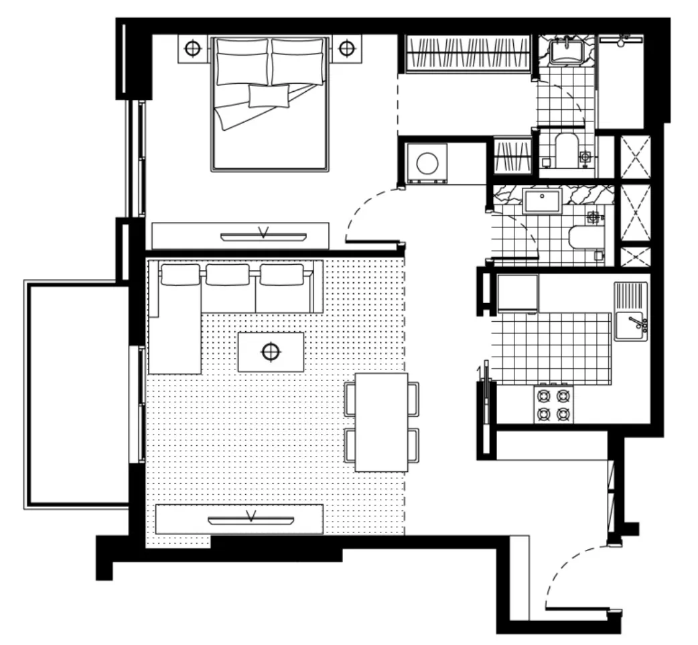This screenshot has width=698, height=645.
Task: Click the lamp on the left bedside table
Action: pyautogui.click(x=193, y=48)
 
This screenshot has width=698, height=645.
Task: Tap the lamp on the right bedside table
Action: pyautogui.click(x=346, y=48)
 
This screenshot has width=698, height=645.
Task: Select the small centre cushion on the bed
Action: pyautogui.click(x=269, y=96)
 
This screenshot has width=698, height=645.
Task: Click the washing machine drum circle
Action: pyautogui.click(x=428, y=164)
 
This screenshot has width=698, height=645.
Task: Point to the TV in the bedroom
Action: pyautogui.click(x=263, y=235)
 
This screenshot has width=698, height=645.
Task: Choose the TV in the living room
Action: pyautogui.click(x=252, y=519)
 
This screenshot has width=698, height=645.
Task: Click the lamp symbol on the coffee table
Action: pyautogui.click(x=271, y=351)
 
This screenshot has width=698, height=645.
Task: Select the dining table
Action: pyautogui.click(x=381, y=422)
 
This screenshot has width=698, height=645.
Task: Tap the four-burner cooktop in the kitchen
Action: pyautogui.click(x=553, y=404)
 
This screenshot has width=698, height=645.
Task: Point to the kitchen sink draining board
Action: pyautogui.click(x=630, y=296)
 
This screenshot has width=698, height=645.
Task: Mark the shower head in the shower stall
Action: pyautogui.click(x=621, y=42)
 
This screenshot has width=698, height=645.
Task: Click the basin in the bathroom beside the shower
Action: pyautogui.click(x=567, y=51)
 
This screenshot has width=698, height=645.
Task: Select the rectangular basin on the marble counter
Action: pyautogui.click(x=542, y=200)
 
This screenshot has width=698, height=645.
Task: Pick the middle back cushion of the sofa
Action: pyautogui.click(x=228, y=274)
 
